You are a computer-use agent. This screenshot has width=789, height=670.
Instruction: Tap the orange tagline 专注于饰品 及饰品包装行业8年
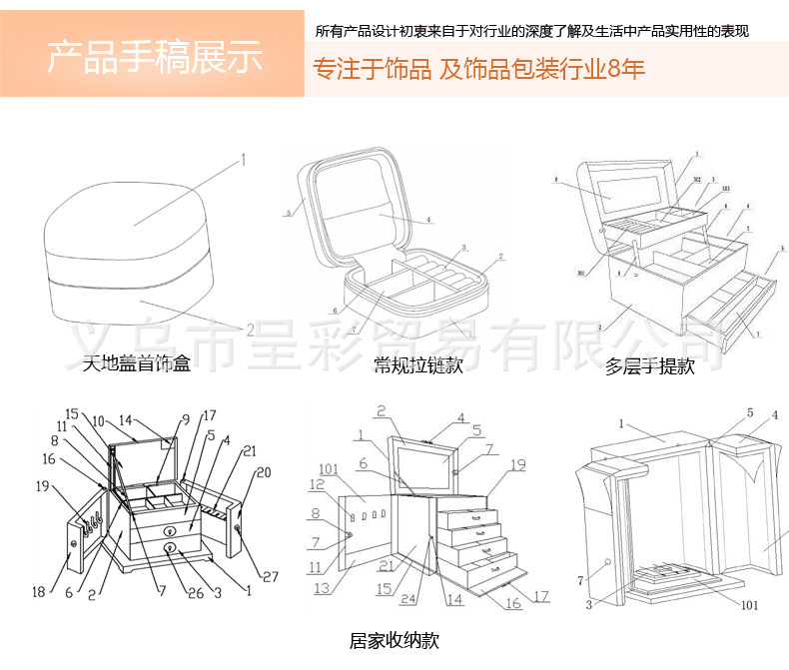[x=479, y=70]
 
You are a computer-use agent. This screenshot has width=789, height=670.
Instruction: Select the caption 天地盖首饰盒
[x=136, y=363]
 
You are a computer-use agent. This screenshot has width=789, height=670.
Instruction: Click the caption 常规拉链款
[x=418, y=365]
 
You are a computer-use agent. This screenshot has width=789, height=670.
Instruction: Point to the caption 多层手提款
[x=649, y=366]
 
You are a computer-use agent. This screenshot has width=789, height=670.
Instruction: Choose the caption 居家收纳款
[x=394, y=640]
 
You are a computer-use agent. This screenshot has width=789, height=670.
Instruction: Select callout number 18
[x=38, y=592]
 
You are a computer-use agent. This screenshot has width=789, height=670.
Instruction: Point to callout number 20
[x=265, y=472]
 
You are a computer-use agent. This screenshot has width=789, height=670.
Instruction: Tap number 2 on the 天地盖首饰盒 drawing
[x=250, y=329]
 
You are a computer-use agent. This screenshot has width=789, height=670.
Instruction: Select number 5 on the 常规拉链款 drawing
[x=287, y=212]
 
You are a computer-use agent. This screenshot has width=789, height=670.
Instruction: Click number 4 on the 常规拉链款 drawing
[x=426, y=220]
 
